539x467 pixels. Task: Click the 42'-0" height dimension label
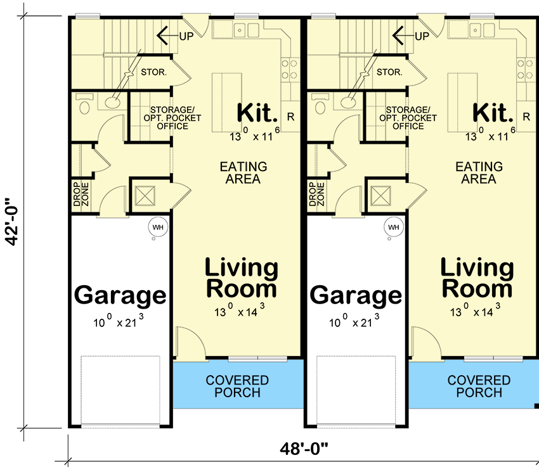click(13, 222)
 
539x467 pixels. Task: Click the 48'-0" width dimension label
click(304, 449)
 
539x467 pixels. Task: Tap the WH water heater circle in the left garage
click(158, 227)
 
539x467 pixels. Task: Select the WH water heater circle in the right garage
click(394, 227)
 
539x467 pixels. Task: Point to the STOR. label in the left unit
click(153, 72)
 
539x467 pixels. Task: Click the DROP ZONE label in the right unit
click(316, 194)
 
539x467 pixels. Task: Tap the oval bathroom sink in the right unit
click(348, 102)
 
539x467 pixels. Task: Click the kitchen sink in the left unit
click(246, 30)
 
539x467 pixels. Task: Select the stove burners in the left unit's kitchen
click(289, 69)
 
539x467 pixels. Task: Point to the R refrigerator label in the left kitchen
click(291, 117)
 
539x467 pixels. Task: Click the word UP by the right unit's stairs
click(422, 36)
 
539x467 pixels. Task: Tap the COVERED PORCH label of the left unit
click(237, 387)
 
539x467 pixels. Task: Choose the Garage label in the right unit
click(356, 295)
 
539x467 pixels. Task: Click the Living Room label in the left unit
click(242, 278)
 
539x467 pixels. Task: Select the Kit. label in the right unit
click(493, 112)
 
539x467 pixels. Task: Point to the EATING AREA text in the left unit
click(244, 173)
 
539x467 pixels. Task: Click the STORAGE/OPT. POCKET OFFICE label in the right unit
click(408, 118)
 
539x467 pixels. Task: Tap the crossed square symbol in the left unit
click(145, 196)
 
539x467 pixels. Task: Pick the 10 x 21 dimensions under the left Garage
click(119, 321)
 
